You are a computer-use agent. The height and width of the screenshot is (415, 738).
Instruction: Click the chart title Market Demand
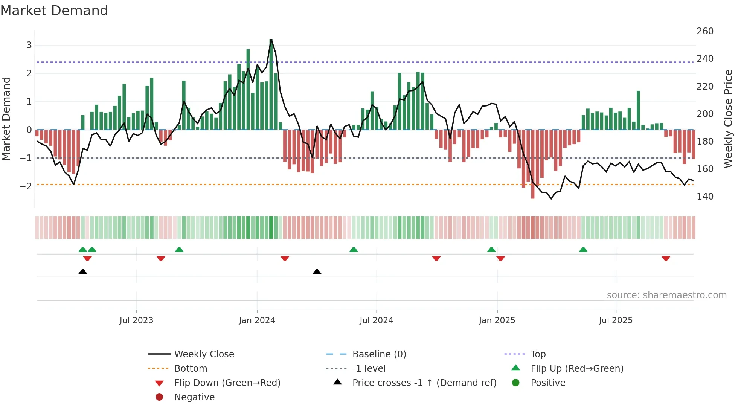click(x=54, y=11)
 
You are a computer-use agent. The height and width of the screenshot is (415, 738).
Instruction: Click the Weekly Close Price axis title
click(x=728, y=119)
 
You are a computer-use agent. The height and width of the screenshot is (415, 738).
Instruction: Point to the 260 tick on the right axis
click(x=705, y=31)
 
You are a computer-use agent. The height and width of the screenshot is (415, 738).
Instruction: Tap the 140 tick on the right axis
click(x=705, y=197)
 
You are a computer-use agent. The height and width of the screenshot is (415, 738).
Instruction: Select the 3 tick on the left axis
click(x=29, y=45)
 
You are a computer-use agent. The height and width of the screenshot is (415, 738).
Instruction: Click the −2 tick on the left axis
click(x=26, y=186)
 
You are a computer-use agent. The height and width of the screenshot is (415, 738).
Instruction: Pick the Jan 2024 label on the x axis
click(x=257, y=320)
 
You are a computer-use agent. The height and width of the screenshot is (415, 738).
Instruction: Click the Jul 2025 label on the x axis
click(x=616, y=320)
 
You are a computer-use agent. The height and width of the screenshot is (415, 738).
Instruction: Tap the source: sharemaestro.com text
click(x=666, y=295)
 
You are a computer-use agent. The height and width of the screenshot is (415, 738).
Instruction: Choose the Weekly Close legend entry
click(x=204, y=354)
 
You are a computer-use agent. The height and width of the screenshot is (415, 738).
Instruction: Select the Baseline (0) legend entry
click(x=379, y=354)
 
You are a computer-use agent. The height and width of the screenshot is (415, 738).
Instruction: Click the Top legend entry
click(x=538, y=354)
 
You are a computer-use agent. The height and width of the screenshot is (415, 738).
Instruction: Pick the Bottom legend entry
click(x=191, y=369)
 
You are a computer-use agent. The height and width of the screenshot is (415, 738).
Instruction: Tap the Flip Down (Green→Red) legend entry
click(x=227, y=383)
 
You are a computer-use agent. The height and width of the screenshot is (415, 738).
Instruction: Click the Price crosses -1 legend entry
click(x=424, y=383)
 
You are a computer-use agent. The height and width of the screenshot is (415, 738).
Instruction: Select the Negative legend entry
click(x=194, y=397)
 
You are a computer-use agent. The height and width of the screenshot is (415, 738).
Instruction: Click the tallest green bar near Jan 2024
click(x=271, y=85)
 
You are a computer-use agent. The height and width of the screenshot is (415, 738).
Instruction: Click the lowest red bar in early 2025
click(x=533, y=164)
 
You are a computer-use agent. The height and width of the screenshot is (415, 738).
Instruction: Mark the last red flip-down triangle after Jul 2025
click(x=666, y=259)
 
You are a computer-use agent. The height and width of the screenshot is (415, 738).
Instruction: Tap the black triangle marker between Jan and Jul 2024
click(x=317, y=272)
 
